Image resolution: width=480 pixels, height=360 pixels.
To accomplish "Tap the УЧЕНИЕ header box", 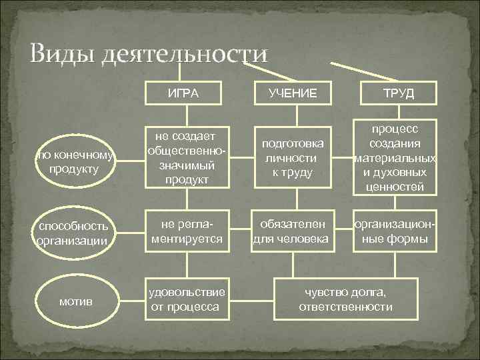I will [293, 93].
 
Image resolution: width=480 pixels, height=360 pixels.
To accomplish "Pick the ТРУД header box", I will [398, 93].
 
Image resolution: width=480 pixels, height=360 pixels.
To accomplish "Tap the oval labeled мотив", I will [74, 301].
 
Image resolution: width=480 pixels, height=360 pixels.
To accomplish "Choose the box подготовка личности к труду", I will [293, 158].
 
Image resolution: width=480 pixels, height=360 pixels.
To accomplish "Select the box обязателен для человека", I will [293, 230].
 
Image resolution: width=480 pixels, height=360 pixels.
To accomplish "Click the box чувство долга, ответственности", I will [345, 299].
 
